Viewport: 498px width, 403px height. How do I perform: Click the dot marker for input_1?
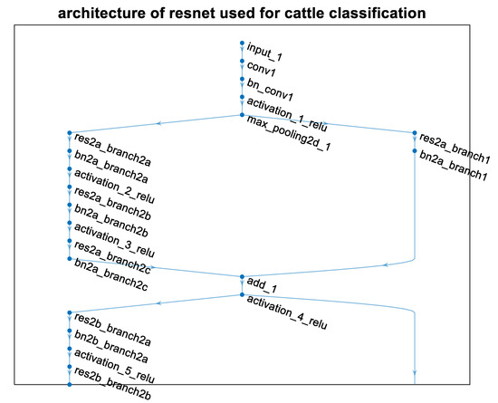click(242, 43)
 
